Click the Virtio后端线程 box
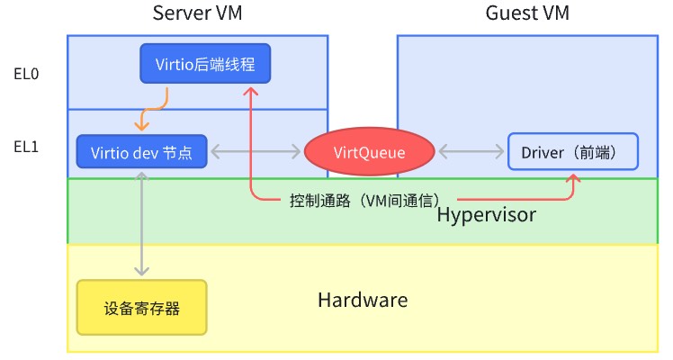(x=205, y=64)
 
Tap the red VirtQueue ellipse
(x=369, y=153)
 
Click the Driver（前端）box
(x=573, y=153)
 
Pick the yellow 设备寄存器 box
(x=141, y=308)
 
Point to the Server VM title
(x=197, y=13)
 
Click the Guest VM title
(x=527, y=13)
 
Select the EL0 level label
(x=26, y=75)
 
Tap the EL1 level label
(x=26, y=147)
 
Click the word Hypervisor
(x=486, y=216)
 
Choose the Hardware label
(x=363, y=300)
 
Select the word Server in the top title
(x=183, y=13)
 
